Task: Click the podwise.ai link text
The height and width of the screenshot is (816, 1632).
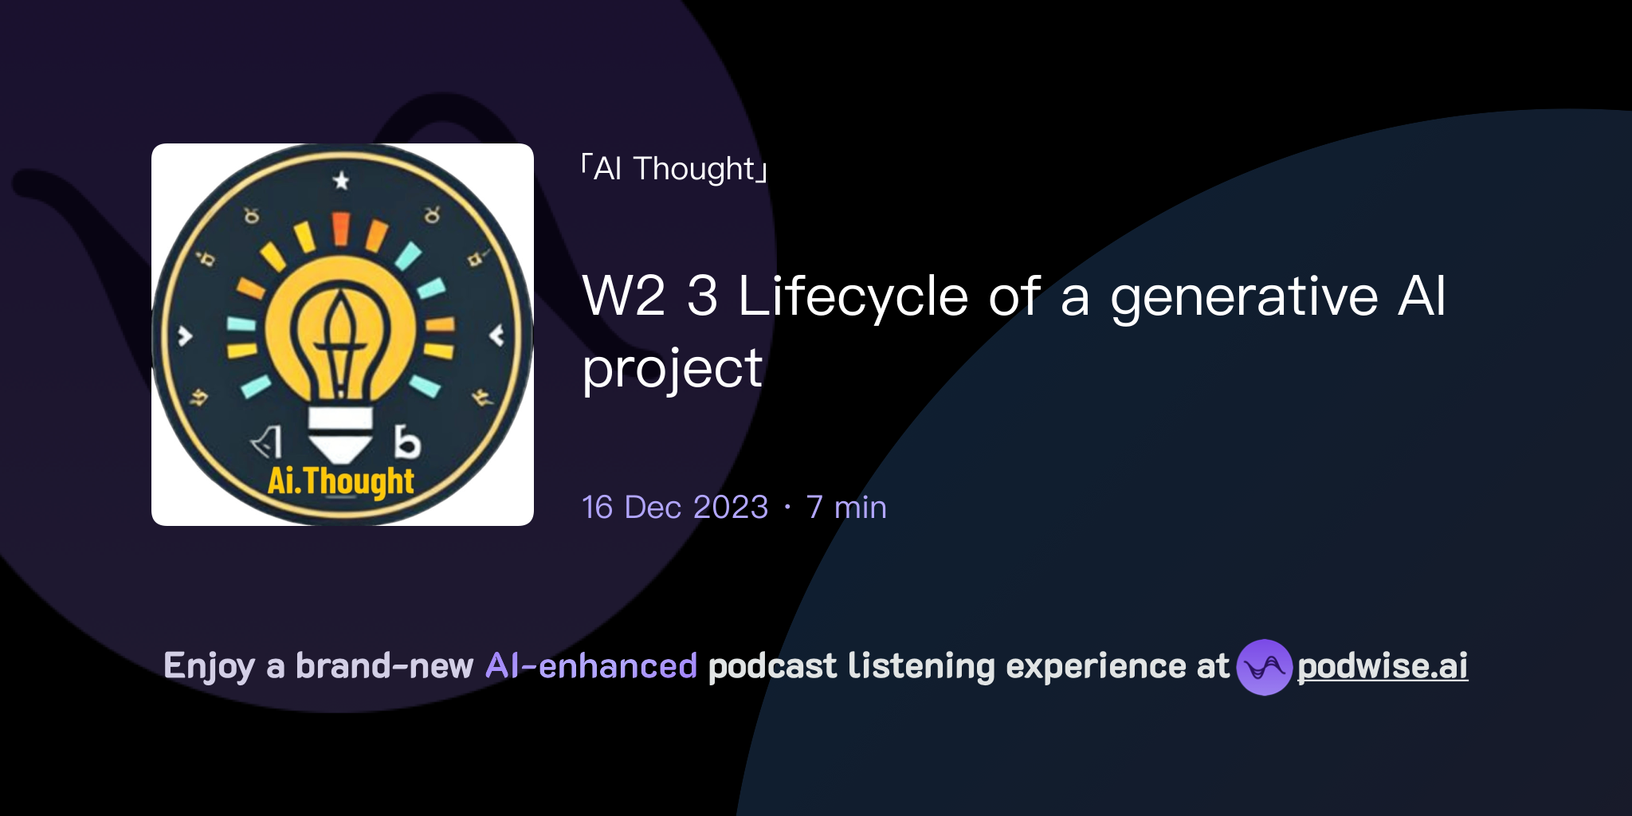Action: coord(1382,666)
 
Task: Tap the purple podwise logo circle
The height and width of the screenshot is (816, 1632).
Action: coord(1264,667)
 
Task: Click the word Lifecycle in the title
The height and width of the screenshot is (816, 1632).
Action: coord(853,296)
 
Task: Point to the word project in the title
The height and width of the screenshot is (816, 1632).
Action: coord(673,370)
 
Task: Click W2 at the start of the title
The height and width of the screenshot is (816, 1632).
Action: coord(623,296)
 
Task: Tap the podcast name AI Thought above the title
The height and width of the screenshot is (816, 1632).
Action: coord(674,169)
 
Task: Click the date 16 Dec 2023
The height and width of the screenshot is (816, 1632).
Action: coord(675,508)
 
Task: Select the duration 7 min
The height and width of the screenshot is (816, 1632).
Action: coord(846,508)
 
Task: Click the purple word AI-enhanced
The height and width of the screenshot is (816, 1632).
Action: coord(591,666)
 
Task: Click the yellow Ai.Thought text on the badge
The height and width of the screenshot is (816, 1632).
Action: coord(341,481)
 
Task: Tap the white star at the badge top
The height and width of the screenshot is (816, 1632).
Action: coord(341,181)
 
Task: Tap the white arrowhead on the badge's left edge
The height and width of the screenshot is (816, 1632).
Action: coord(185,336)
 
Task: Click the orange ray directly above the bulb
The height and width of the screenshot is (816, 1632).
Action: coord(341,228)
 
